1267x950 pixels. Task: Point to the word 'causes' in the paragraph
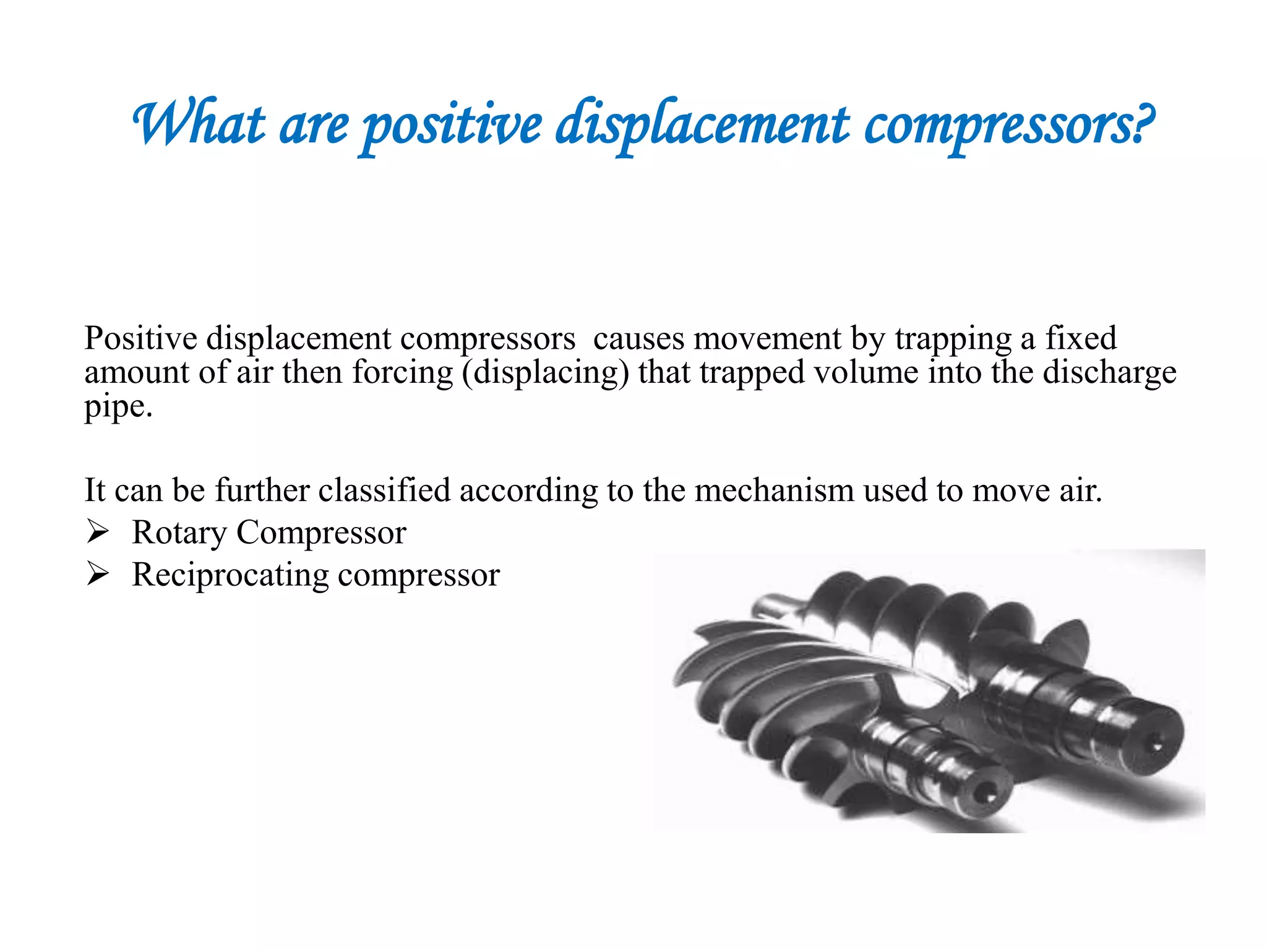coord(638,339)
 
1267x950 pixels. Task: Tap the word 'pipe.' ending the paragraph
coord(118,408)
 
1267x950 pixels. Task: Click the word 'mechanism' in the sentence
coord(774,490)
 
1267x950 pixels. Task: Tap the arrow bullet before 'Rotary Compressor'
coord(98,532)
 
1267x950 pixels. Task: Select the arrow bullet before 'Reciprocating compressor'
coord(98,574)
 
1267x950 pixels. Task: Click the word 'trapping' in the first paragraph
coord(953,339)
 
